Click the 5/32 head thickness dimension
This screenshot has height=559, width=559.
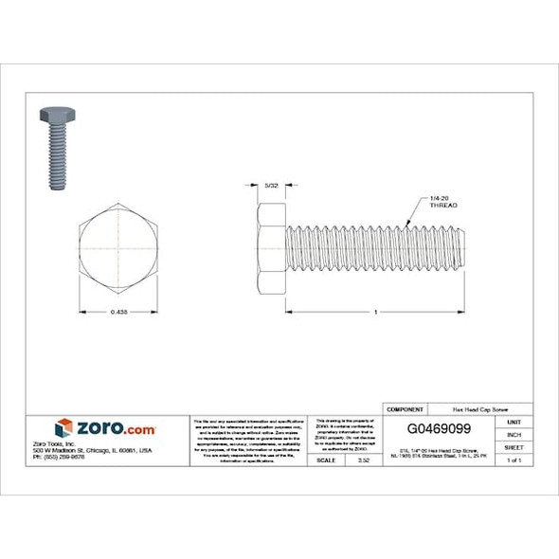pos(272,186)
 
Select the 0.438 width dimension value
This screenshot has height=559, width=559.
pos(118,312)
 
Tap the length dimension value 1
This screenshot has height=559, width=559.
pos(376,312)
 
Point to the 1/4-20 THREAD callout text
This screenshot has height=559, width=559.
pos(443,202)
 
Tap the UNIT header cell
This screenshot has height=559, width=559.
pos(514,421)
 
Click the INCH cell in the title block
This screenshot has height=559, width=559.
pos(514,434)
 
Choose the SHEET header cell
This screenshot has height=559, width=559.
pos(514,447)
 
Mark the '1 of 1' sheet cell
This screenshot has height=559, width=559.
pos(514,460)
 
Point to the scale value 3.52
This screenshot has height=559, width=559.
pos(361,460)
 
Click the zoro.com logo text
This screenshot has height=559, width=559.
pos(115,428)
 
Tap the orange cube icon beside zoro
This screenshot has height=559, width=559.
pos(63,428)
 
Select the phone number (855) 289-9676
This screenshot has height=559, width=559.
pos(84,459)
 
